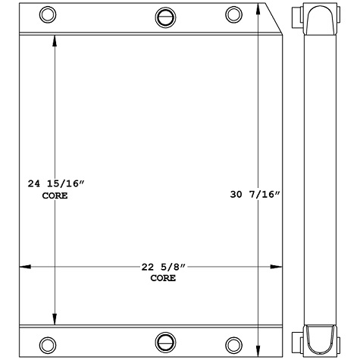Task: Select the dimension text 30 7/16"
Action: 256,195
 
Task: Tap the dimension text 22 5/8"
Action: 162,267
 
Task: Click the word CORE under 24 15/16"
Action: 54,196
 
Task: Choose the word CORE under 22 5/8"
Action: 162,278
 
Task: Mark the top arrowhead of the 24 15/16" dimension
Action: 54,39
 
